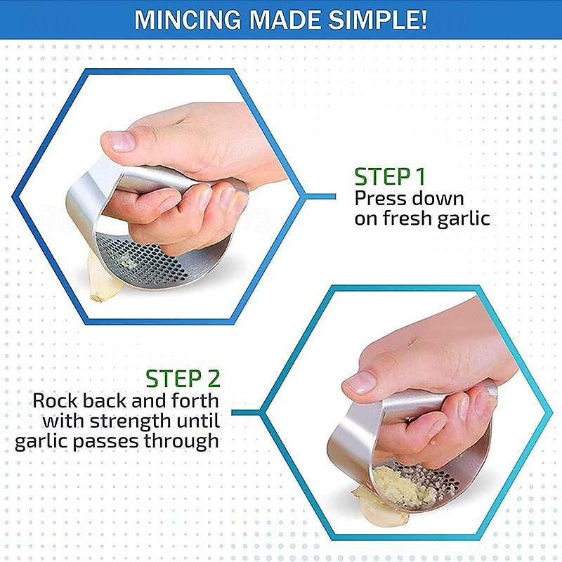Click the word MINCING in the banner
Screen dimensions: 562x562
pyautogui.click(x=188, y=20)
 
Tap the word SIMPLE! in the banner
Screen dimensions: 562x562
pyautogui.click(x=377, y=20)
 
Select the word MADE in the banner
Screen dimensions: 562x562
pyautogui.click(x=285, y=20)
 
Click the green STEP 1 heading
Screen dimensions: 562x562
pyautogui.click(x=390, y=176)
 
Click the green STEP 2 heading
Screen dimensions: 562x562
pyautogui.click(x=183, y=379)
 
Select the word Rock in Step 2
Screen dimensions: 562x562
pyautogui.click(x=55, y=400)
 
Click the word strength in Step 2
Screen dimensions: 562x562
pyautogui.click(x=130, y=421)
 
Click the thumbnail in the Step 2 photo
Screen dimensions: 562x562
pyautogui.click(x=359, y=381)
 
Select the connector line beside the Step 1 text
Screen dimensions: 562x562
pyautogui.click(x=320, y=197)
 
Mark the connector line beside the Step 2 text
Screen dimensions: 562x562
pyautogui.click(x=246, y=412)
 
